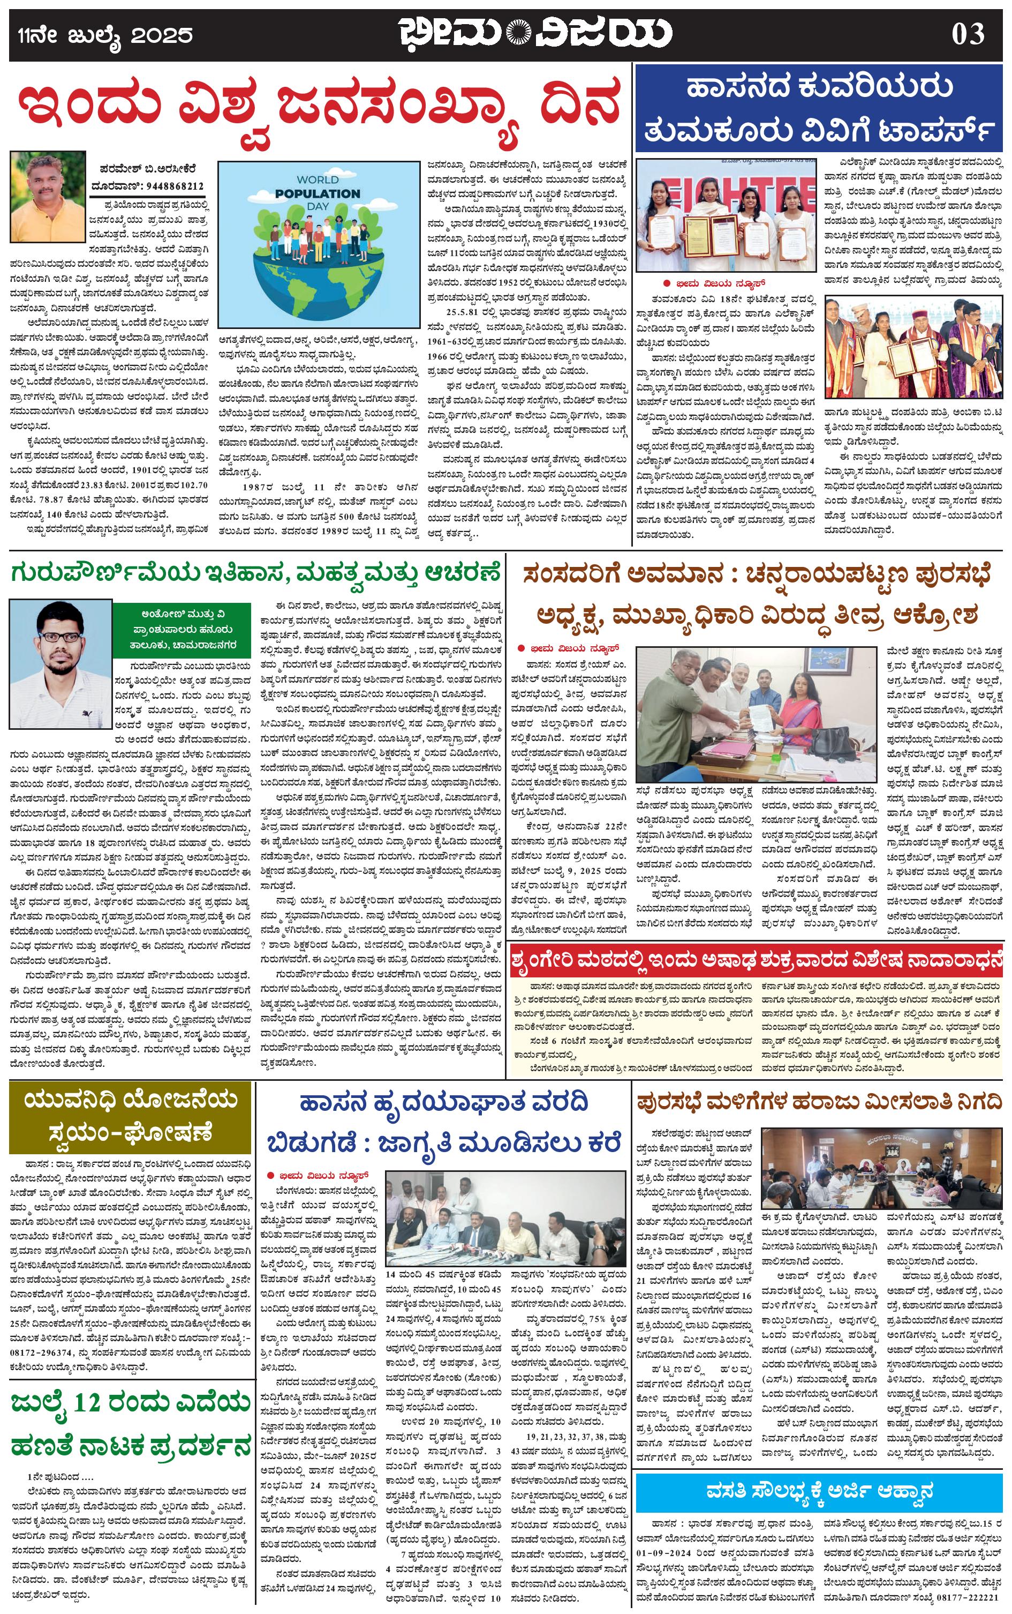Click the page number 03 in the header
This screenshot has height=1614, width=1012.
[969, 34]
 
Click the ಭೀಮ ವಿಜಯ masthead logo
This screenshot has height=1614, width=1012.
[536, 35]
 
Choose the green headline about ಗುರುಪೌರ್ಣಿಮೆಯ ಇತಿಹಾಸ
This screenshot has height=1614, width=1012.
[255, 574]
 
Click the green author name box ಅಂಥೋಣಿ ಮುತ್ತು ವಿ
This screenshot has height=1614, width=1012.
[182, 630]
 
